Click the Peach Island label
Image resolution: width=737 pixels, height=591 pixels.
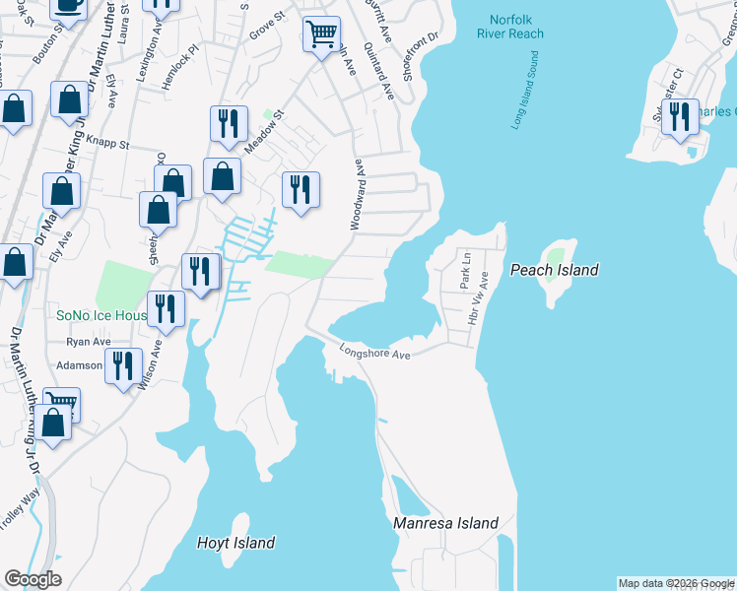(554, 270)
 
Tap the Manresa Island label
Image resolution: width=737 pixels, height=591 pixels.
(445, 523)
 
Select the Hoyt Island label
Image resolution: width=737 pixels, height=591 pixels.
(235, 543)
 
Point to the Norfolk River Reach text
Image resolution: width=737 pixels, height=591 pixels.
(510, 27)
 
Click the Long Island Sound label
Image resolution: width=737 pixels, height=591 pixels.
(525, 98)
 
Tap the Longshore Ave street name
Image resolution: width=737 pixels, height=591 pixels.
(374, 351)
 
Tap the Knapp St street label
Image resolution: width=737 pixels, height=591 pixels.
(107, 143)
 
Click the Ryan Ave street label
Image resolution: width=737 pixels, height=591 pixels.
(89, 342)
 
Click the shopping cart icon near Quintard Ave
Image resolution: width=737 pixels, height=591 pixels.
(321, 34)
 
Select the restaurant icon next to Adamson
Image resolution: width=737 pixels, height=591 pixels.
(123, 366)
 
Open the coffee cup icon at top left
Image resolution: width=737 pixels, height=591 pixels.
(68, 4)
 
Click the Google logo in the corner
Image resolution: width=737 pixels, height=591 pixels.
(33, 579)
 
